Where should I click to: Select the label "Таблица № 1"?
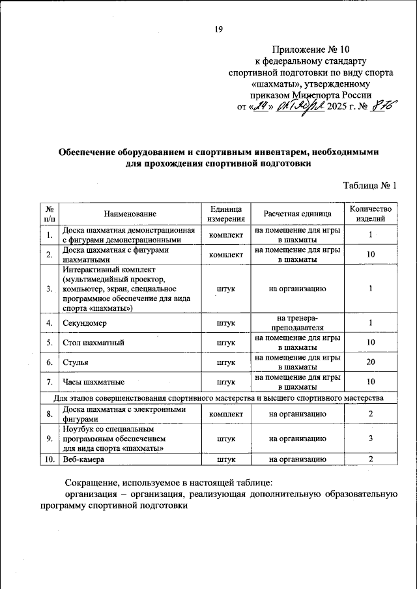[370, 186]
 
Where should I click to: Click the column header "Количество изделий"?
[370, 214]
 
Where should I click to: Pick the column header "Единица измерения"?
[225, 214]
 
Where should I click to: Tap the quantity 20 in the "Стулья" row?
[370, 362]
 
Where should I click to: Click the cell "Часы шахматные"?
[94, 381]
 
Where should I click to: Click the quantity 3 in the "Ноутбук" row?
[370, 438]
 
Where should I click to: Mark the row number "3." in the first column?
[50, 287]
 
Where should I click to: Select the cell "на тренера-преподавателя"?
[297, 323]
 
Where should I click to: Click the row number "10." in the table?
[50, 460]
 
